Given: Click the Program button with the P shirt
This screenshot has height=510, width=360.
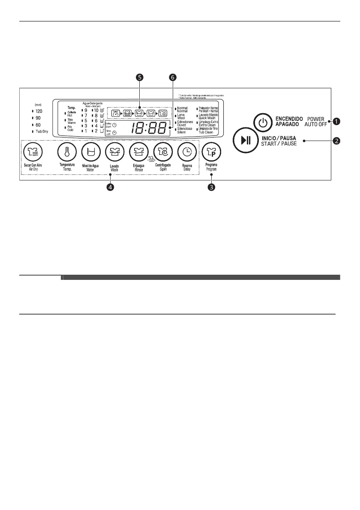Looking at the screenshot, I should tap(210, 151).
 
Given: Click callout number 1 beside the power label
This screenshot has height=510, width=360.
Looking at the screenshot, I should tap(337, 121).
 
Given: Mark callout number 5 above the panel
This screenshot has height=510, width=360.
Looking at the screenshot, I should tap(140, 78).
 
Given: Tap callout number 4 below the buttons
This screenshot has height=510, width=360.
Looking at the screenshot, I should tap(111, 188).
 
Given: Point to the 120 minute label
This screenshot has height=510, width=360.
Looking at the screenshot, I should tap(39, 111).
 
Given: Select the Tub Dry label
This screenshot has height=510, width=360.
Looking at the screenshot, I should tap(42, 131).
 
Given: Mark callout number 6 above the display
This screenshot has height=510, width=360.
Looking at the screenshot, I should tap(173, 78).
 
